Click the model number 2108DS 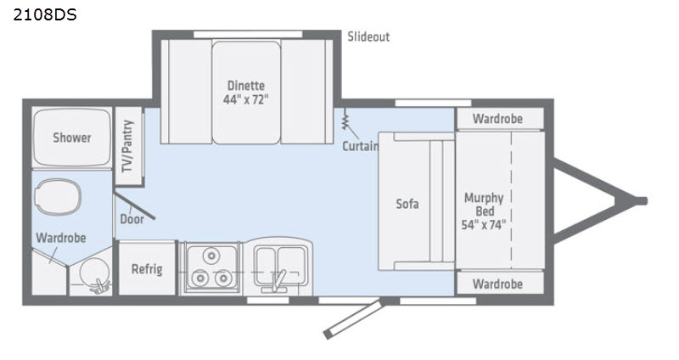click(x=45, y=14)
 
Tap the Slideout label click(x=368, y=37)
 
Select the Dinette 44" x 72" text click(x=246, y=93)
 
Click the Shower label click(x=72, y=138)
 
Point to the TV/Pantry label click(x=127, y=146)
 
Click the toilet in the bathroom click(x=58, y=197)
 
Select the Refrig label click(x=147, y=269)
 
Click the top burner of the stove click(x=211, y=256)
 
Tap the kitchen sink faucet click(x=278, y=279)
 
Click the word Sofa click(x=407, y=204)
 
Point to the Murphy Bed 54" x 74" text click(x=484, y=211)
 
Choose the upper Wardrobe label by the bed click(x=497, y=119)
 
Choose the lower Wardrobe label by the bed click(x=497, y=284)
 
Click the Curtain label click(x=360, y=146)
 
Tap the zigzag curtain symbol click(x=345, y=119)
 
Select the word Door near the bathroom click(x=132, y=219)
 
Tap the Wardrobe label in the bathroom click(x=60, y=238)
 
